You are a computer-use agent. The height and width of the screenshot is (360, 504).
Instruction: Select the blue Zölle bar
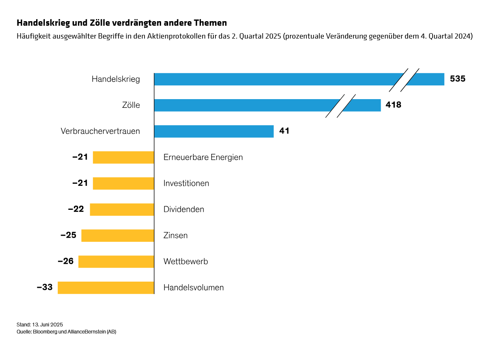[249, 105]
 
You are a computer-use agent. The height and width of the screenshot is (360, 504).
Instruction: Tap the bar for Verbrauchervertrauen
[213, 131]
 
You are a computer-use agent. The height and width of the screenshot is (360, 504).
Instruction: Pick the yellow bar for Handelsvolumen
[105, 287]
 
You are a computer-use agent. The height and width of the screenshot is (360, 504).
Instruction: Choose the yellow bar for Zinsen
[117, 236]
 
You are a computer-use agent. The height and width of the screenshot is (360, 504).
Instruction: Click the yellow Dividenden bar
[122, 209]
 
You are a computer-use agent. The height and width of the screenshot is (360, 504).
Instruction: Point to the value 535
[458, 79]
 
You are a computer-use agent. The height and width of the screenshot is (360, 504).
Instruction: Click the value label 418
[393, 105]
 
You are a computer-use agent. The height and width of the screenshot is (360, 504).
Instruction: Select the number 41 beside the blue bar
[284, 131]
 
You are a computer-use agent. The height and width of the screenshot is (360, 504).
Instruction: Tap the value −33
[45, 287]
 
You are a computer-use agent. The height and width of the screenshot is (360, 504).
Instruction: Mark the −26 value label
[66, 261]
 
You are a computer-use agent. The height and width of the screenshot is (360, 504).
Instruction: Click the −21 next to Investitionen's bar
[80, 183]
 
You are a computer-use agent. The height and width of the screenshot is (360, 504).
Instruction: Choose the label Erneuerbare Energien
[203, 157]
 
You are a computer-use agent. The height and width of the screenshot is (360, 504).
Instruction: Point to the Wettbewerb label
[186, 262]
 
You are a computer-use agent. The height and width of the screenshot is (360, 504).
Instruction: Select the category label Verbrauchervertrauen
[100, 131]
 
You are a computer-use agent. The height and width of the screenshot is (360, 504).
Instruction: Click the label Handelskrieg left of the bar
[115, 79]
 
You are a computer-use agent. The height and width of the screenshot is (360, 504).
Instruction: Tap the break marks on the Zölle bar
[340, 106]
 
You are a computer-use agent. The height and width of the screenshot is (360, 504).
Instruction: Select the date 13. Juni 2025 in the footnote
[47, 324]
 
